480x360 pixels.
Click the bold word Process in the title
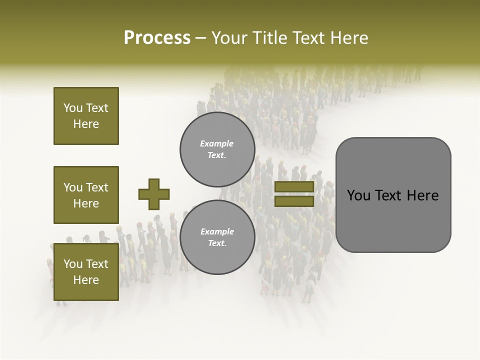tap(157, 38)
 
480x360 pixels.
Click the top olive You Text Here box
tap(86, 116)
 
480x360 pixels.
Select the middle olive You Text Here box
tap(86, 195)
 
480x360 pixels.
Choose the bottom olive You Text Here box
tap(86, 272)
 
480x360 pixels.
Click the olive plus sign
tap(154, 194)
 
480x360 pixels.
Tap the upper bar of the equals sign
tap(294, 186)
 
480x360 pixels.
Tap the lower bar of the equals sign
tap(294, 201)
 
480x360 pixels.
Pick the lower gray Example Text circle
tap(217, 237)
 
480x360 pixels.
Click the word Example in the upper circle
tap(217, 143)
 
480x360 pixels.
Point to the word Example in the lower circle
tap(217, 231)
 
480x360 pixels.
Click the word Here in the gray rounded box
tap(423, 195)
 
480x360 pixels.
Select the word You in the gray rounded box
tap(358, 195)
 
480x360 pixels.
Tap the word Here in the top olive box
tap(86, 124)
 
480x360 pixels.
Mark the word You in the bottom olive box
tap(73, 264)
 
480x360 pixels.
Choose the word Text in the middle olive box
tap(96, 187)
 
